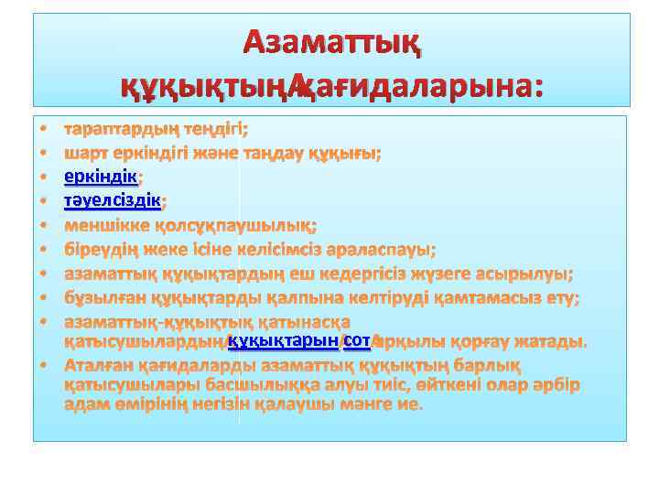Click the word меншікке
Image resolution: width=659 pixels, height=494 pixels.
pos(103,224)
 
